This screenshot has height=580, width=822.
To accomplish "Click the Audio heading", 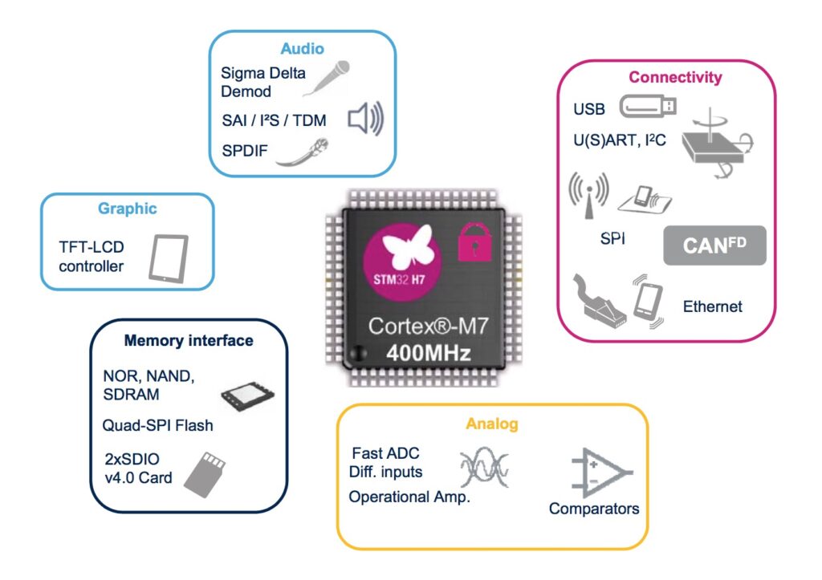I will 302,49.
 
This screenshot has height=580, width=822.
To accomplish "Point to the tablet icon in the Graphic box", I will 169,257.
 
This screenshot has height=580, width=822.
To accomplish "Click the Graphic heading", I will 127,209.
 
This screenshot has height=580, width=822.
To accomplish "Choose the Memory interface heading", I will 189,341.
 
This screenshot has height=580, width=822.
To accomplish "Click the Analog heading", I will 492,424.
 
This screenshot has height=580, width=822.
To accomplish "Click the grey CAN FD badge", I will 714,245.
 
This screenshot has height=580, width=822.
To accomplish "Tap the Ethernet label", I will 712,306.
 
